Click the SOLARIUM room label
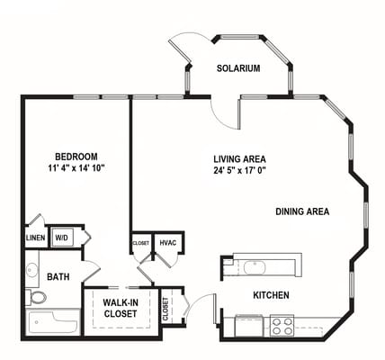pos(238,68)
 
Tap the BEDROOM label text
pos(76,156)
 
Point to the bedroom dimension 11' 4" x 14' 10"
pos(76,167)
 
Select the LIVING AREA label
pos(237,157)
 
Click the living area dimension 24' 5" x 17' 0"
pos(237,168)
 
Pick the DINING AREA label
pos(302,212)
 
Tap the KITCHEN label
pos(271,294)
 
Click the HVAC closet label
pos(168,243)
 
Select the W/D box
pos(62,238)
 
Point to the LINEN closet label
pos(35,238)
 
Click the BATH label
pos(58,277)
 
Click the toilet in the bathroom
pos(36,298)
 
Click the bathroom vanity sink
pos(31,269)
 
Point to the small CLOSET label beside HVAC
pos(141,243)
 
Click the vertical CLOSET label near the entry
pos(166,310)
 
